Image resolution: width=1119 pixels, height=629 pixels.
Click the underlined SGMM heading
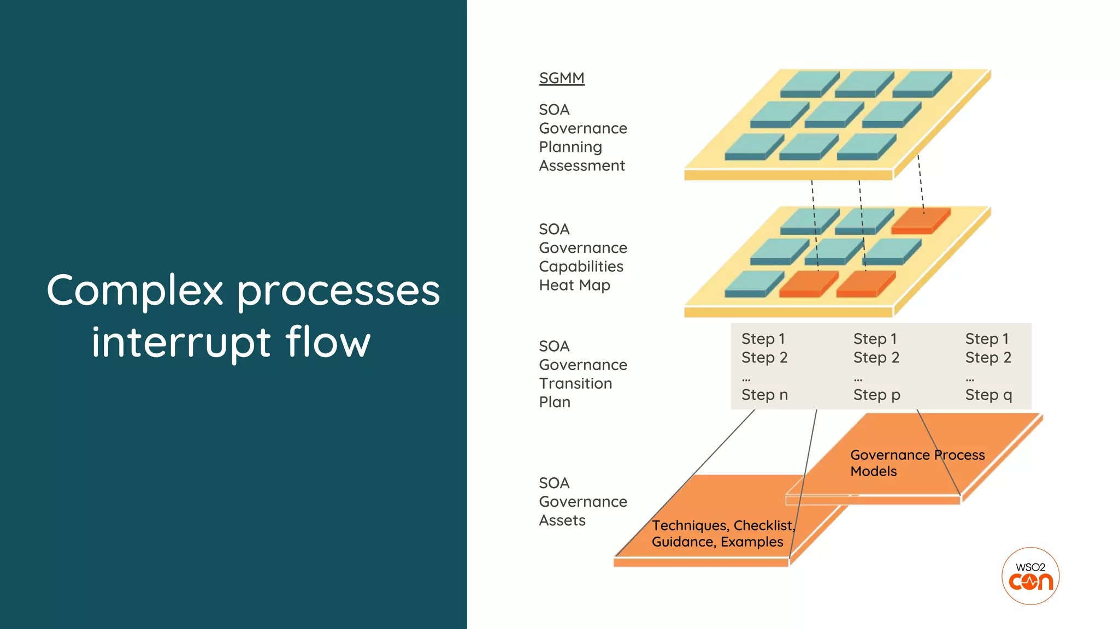pyautogui.click(x=562, y=78)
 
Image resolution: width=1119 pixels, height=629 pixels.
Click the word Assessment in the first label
pyautogui.click(x=582, y=165)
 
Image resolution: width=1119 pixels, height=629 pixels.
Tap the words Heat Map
pyautogui.click(x=574, y=285)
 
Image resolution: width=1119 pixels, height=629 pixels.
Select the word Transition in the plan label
pyautogui.click(x=575, y=383)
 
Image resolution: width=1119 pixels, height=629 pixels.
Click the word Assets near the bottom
pyautogui.click(x=562, y=520)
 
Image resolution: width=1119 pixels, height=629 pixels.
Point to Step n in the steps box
pyautogui.click(x=764, y=395)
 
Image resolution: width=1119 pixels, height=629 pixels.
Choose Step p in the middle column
pyautogui.click(x=876, y=395)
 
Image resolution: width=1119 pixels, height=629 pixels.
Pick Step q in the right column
pyautogui.click(x=988, y=395)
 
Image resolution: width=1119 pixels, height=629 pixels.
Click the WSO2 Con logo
pyautogui.click(x=1030, y=576)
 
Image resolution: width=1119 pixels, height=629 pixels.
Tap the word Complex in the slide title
pyautogui.click(x=135, y=290)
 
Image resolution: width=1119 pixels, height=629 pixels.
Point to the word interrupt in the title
pyautogui.click(x=181, y=342)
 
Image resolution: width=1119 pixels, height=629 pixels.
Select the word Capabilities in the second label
pyautogui.click(x=581, y=266)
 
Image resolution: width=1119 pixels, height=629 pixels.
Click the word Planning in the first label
pyautogui.click(x=570, y=147)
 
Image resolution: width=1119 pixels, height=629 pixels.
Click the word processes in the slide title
pyautogui.click(x=338, y=290)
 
